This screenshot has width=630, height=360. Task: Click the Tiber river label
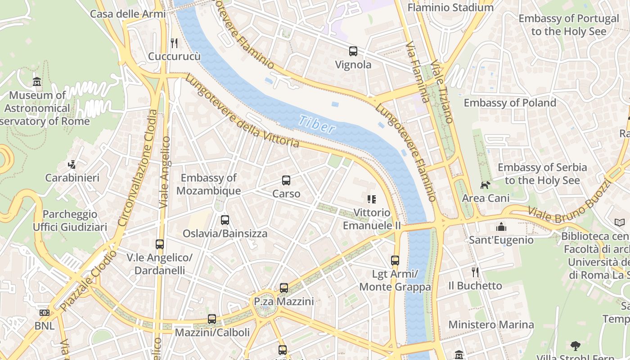tap(317, 124)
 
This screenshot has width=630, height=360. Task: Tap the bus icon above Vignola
tap(353, 51)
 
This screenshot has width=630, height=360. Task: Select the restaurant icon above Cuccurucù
tap(174, 43)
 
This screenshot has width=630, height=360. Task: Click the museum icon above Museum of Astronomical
tap(37, 82)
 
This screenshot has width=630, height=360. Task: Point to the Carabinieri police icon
tap(72, 165)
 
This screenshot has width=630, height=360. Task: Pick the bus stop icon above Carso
tap(286, 180)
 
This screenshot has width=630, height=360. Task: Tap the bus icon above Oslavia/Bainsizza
tap(225, 220)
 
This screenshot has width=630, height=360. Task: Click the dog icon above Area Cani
tap(485, 185)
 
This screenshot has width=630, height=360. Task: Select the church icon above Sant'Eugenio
tap(501, 227)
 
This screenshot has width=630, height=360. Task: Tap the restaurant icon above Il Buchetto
tap(475, 272)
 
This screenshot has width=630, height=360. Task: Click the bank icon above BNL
tap(44, 312)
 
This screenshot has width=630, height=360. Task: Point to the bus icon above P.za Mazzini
tap(283, 288)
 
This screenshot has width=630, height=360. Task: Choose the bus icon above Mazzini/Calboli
tap(212, 319)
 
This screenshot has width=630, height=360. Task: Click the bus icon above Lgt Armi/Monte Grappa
tap(395, 260)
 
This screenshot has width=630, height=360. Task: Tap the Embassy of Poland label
tap(510, 103)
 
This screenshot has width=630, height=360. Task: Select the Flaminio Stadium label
tap(450, 8)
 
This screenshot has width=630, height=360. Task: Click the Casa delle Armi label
tap(128, 13)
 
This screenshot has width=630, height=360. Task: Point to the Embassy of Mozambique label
tap(208, 184)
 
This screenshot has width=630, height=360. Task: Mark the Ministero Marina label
tap(491, 324)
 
